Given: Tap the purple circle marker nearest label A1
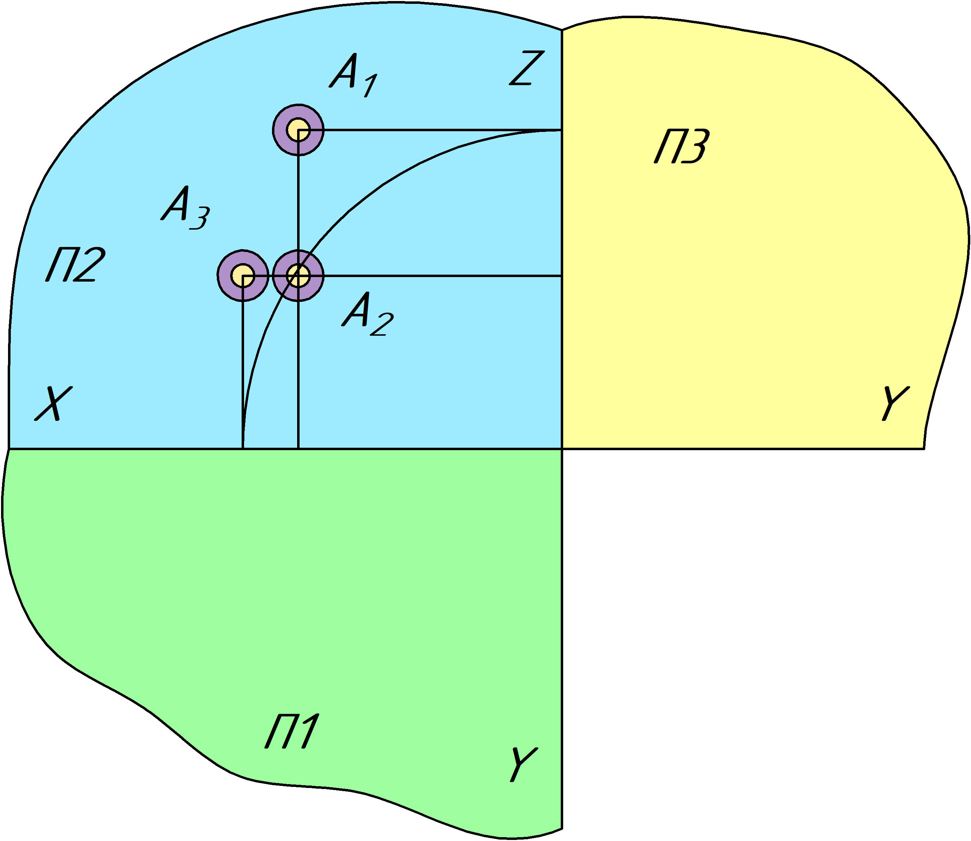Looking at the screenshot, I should [298, 129].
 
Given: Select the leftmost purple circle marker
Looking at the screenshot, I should [243, 275].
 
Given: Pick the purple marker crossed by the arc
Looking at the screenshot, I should [298, 275].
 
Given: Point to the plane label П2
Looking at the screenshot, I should [75, 265].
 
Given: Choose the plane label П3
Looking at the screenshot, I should [682, 147].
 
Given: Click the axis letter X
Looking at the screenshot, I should [53, 404].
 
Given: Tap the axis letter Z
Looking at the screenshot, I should [527, 68].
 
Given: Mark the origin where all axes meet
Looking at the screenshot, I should [562, 449].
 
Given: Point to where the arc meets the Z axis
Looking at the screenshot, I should [561, 131].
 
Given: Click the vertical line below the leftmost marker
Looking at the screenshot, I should [243, 366].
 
